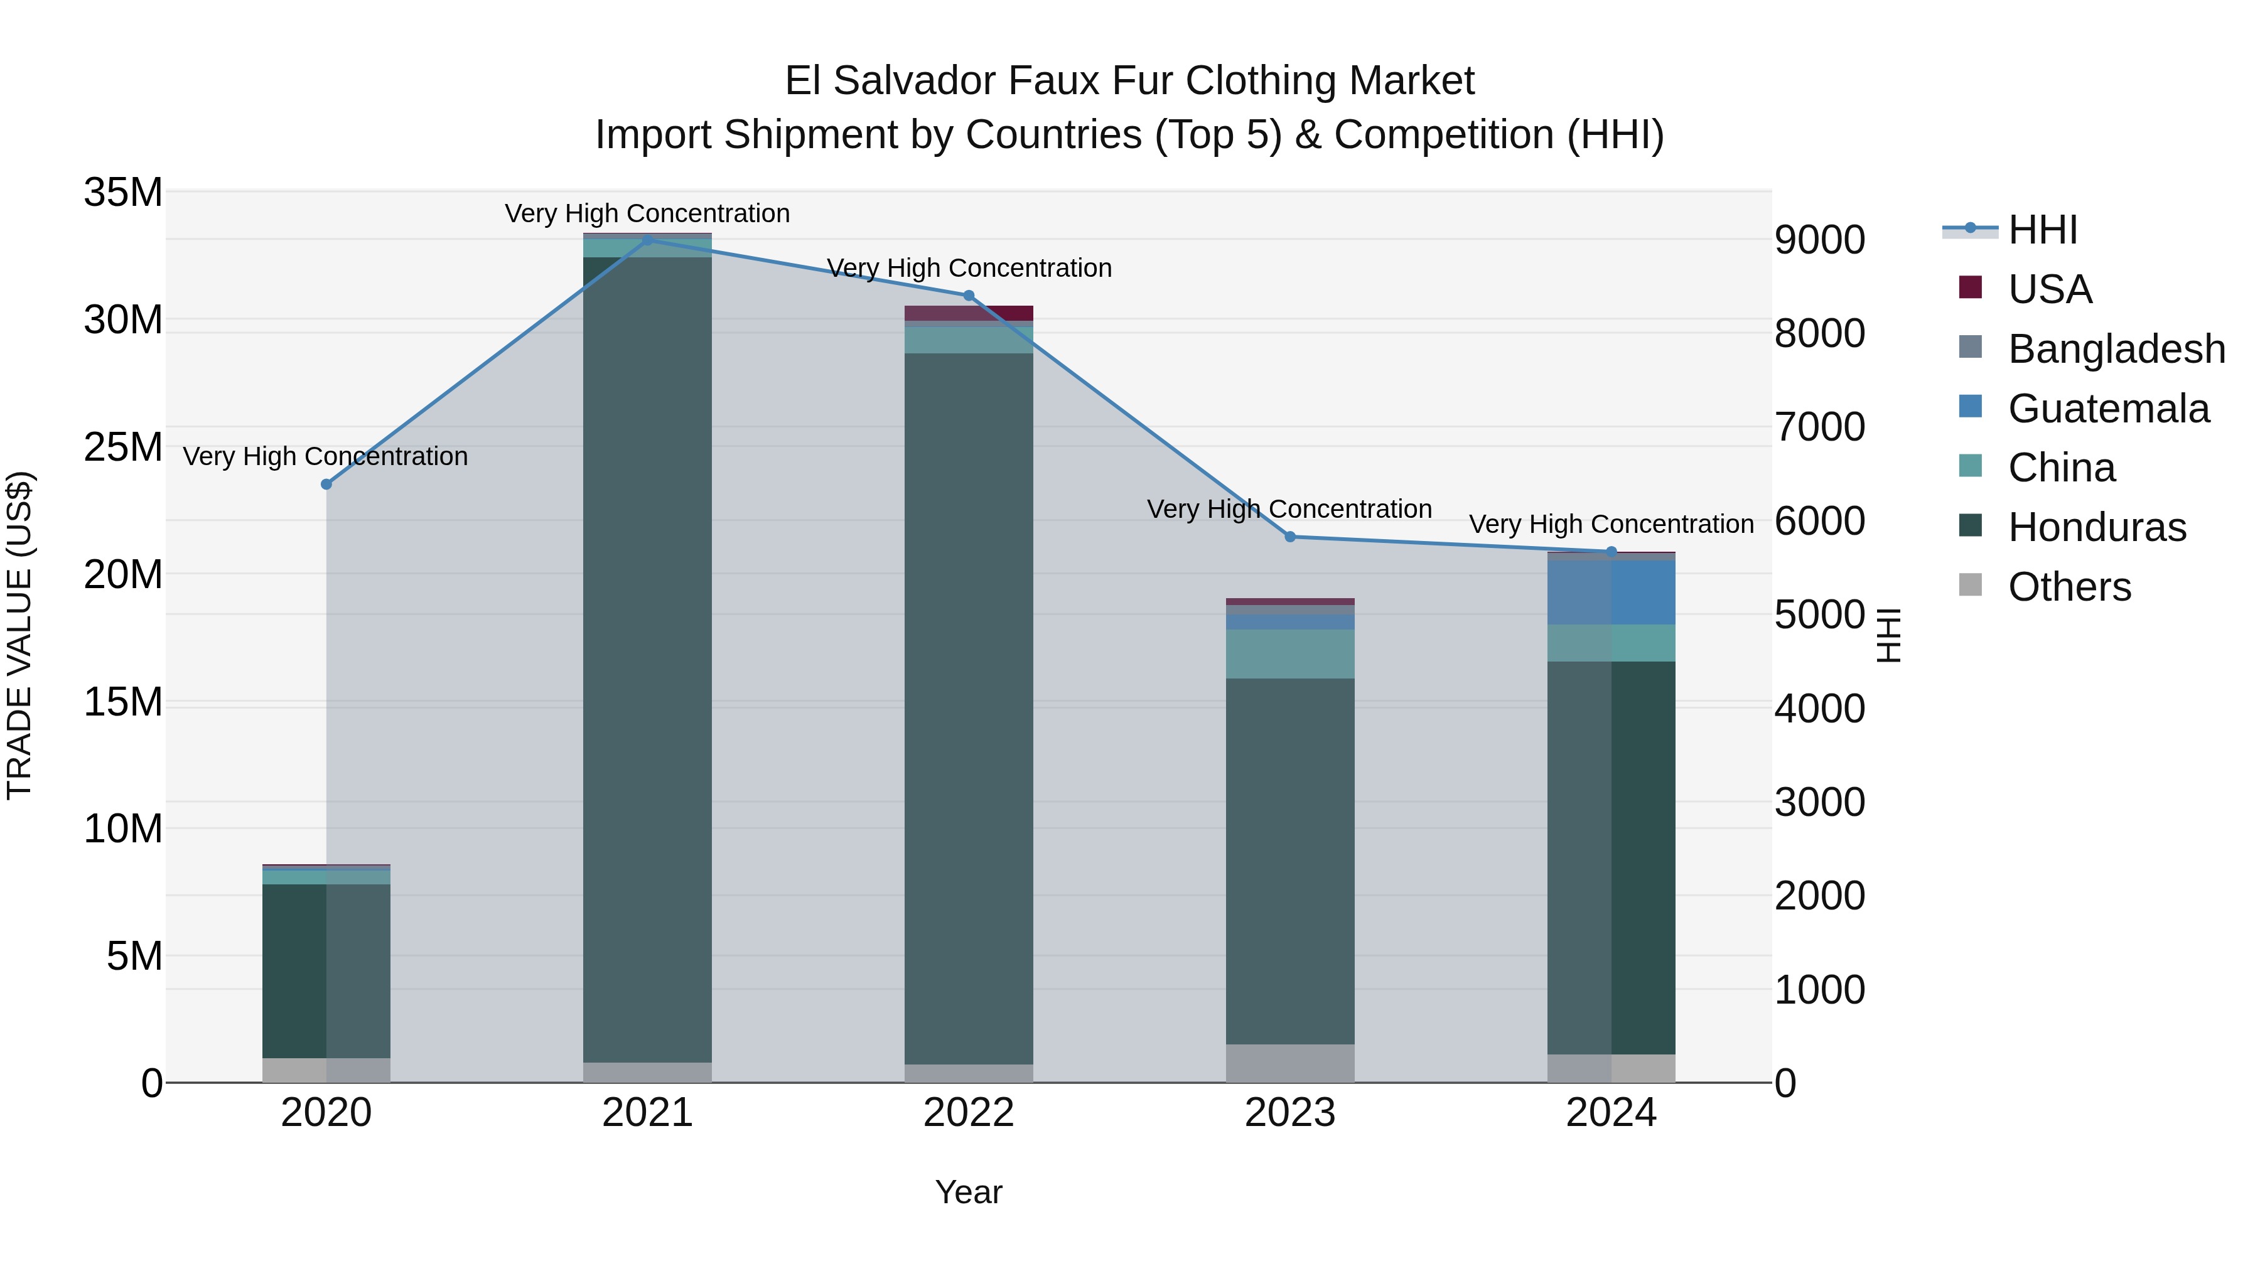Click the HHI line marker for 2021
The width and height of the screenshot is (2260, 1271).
(647, 240)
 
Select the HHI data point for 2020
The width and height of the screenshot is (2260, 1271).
(326, 484)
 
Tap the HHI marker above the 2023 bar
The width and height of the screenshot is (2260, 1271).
(1289, 537)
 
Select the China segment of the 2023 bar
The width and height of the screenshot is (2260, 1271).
(1289, 653)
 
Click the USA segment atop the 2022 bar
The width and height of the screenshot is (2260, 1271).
(969, 313)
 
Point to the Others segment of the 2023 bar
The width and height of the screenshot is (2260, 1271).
(1289, 1063)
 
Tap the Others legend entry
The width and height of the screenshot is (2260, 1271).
(2069, 587)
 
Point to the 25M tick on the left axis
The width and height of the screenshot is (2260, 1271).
(123, 448)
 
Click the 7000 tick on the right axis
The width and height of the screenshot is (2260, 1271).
(1819, 427)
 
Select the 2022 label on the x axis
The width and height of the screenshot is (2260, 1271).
(969, 1113)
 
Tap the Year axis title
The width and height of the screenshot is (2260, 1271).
(969, 1192)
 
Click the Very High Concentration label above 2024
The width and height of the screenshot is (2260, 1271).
(1611, 525)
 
